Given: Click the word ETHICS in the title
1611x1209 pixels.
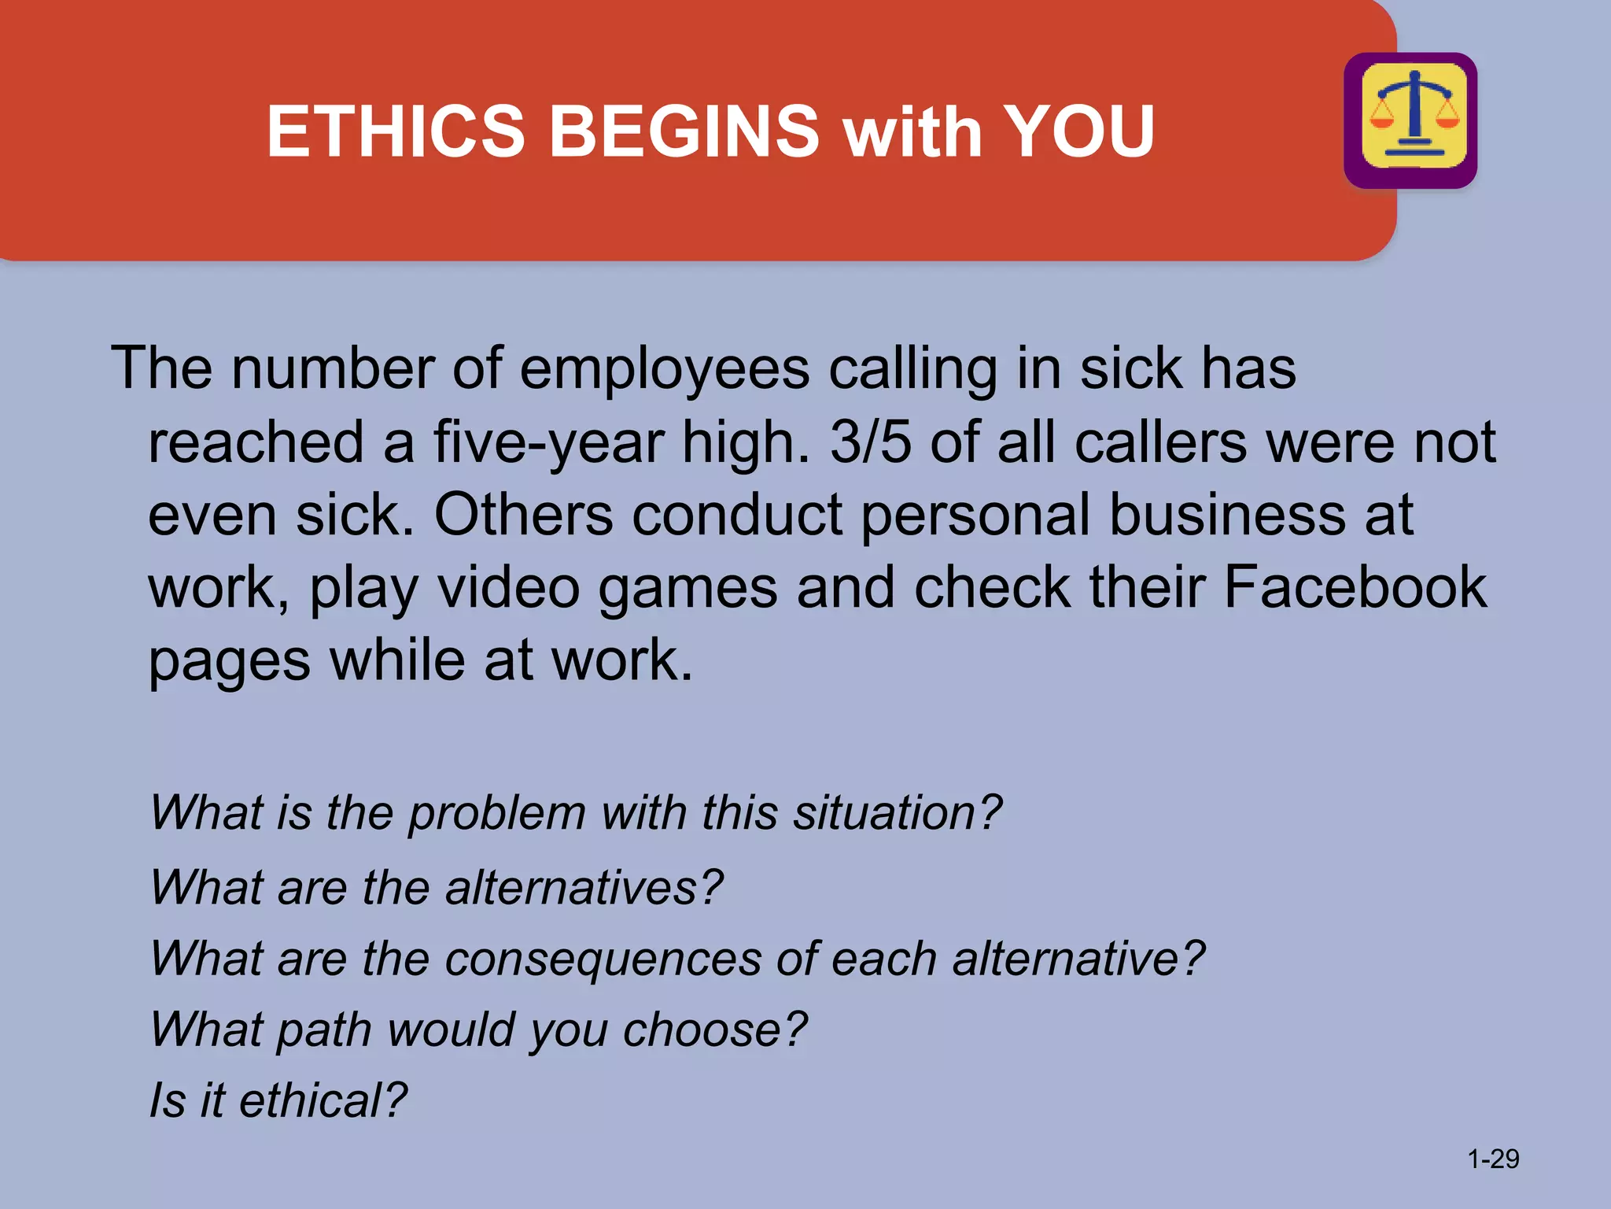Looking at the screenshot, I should pyautogui.click(x=396, y=131).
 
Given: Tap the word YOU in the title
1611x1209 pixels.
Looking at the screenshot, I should pyautogui.click(x=1078, y=131).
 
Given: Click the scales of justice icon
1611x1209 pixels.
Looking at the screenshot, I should pyautogui.click(x=1411, y=120).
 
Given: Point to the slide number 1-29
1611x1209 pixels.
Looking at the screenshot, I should pyautogui.click(x=1493, y=1159).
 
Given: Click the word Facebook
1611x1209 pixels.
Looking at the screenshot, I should pyautogui.click(x=1355, y=587).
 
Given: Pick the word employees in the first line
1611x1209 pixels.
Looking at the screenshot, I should pyautogui.click(x=664, y=369).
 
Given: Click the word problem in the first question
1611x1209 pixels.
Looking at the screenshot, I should pyautogui.click(x=497, y=813).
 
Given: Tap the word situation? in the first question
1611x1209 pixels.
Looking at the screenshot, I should pyautogui.click(x=898, y=812).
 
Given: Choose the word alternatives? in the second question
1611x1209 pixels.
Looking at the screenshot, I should pyautogui.click(x=584, y=887).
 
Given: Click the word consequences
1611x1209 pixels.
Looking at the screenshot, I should pyautogui.click(x=603, y=959).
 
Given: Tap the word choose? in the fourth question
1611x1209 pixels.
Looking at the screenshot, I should pyautogui.click(x=715, y=1030).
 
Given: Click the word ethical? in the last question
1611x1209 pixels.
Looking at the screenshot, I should pyautogui.click(x=323, y=1100).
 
